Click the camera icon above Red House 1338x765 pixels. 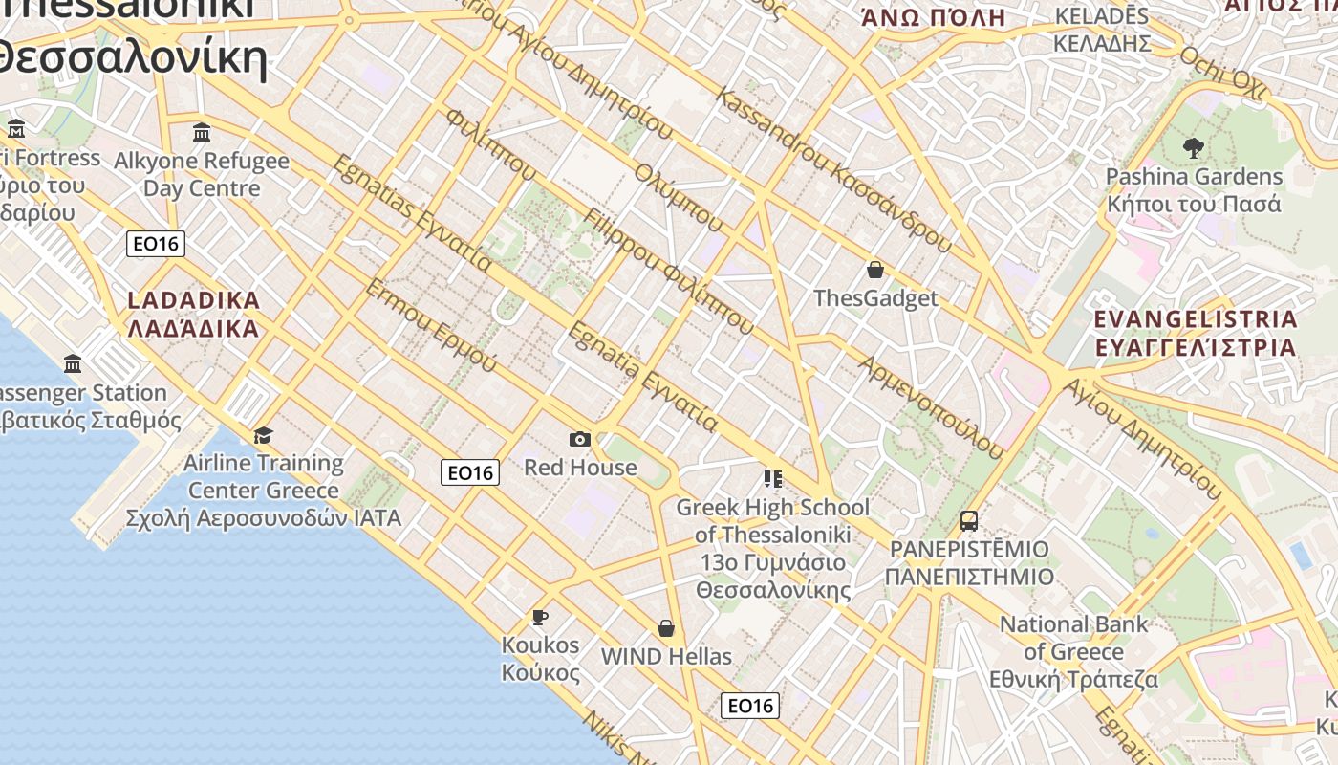[x=579, y=440]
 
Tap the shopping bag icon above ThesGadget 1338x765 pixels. [x=874, y=270]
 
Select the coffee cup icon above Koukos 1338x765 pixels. [x=540, y=617]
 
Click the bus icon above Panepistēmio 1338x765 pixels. [x=969, y=521]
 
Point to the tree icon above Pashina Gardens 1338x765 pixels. [x=1193, y=148]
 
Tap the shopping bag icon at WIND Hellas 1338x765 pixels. [x=666, y=628]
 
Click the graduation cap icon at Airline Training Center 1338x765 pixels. [x=263, y=436]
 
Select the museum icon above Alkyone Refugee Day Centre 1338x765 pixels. [x=202, y=132]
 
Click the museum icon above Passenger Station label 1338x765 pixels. [x=73, y=363]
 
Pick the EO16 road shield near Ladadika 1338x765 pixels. [x=156, y=244]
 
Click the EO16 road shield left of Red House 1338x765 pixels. [x=470, y=471]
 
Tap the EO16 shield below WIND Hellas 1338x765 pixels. [x=750, y=706]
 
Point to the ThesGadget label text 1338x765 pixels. [x=875, y=298]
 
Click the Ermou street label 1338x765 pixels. [x=431, y=325]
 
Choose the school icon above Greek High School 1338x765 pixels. [x=772, y=478]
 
